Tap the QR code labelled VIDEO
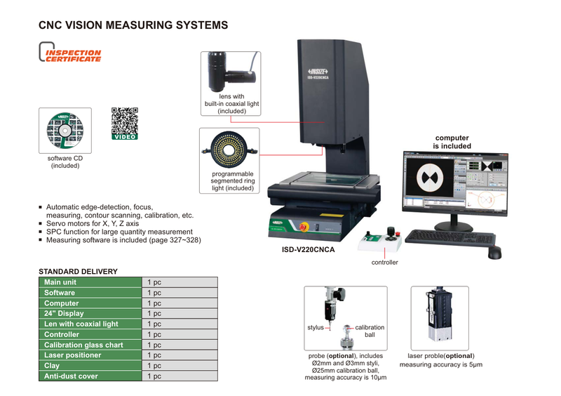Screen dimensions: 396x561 click(x=125, y=123)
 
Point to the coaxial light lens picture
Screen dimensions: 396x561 click(x=229, y=71)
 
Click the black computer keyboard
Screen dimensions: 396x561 click(x=440, y=238)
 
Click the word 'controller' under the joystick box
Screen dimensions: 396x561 click(x=384, y=263)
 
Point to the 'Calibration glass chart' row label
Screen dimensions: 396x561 click(x=83, y=345)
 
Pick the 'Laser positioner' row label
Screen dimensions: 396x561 click(x=72, y=355)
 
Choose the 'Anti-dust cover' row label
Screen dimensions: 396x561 click(x=71, y=376)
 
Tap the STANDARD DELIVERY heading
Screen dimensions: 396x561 click(x=78, y=271)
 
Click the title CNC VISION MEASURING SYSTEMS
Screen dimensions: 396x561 click(x=133, y=25)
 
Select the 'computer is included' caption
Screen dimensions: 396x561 click(x=452, y=143)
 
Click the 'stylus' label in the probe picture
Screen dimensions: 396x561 click(x=316, y=328)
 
